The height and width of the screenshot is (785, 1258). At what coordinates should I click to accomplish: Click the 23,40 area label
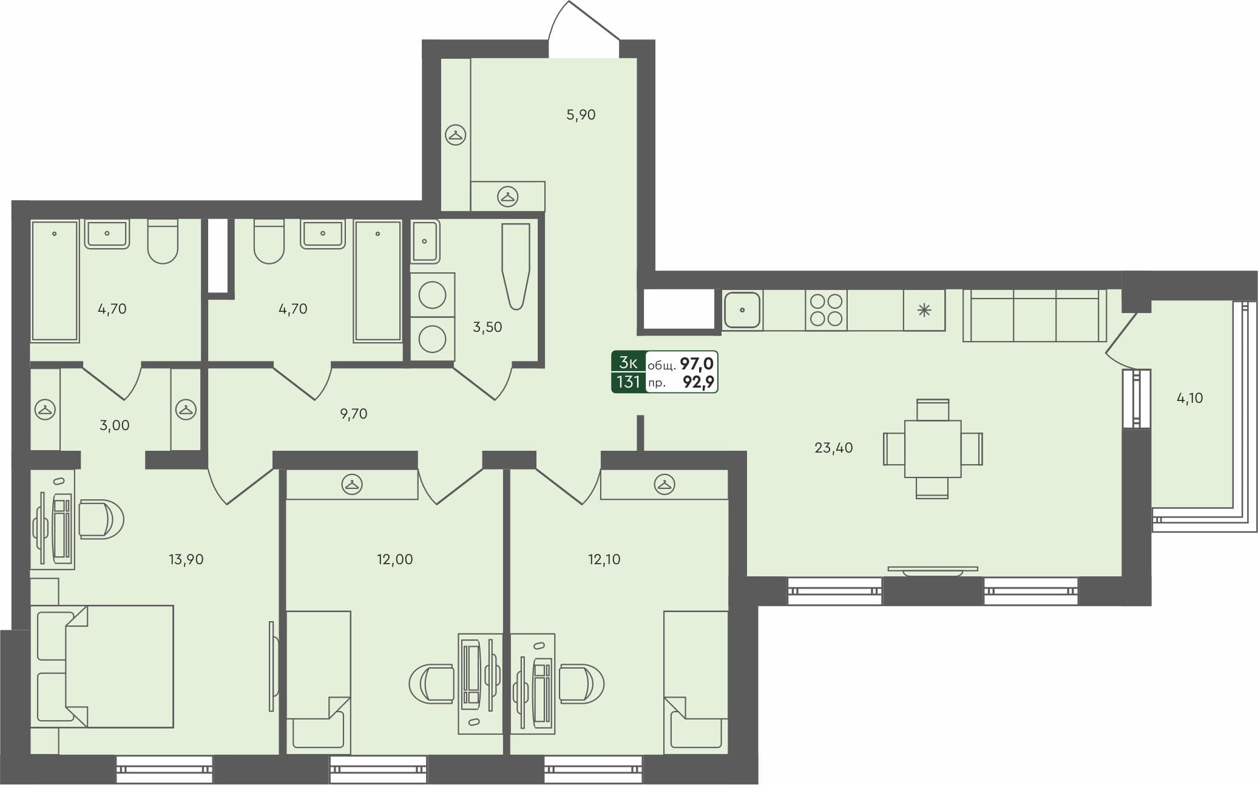pos(833,448)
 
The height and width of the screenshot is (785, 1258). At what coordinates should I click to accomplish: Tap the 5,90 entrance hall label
pos(581,115)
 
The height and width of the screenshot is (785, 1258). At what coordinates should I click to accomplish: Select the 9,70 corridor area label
pos(353,414)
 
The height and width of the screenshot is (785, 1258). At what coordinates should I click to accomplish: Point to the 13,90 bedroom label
pos(186,559)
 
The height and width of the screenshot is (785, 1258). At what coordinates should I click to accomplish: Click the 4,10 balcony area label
pos(1189,399)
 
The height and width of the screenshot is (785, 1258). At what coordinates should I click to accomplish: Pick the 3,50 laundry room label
pos(487,327)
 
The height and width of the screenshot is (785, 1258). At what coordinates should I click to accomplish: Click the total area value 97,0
pos(696,364)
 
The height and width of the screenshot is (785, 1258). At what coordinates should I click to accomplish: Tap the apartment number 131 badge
pos(628,382)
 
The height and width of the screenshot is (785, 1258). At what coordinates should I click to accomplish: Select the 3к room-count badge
pos(628,363)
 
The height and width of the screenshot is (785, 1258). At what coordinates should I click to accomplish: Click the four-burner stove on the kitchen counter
pos(826,310)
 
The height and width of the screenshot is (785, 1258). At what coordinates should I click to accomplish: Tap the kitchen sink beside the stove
pos(742,310)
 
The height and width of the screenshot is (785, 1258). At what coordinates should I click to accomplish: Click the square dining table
pos(932,449)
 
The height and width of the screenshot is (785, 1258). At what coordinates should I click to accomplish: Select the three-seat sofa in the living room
pos(1035,315)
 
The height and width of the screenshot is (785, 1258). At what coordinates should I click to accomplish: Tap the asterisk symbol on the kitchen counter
pos(924,311)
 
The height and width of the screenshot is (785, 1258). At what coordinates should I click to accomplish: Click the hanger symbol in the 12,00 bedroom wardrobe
pos(352,484)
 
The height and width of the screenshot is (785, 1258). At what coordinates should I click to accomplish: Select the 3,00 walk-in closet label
pos(114,425)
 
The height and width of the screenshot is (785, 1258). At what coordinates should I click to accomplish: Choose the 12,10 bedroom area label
pos(604,559)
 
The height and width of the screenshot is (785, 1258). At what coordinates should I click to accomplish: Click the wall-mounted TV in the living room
pos(933,570)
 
